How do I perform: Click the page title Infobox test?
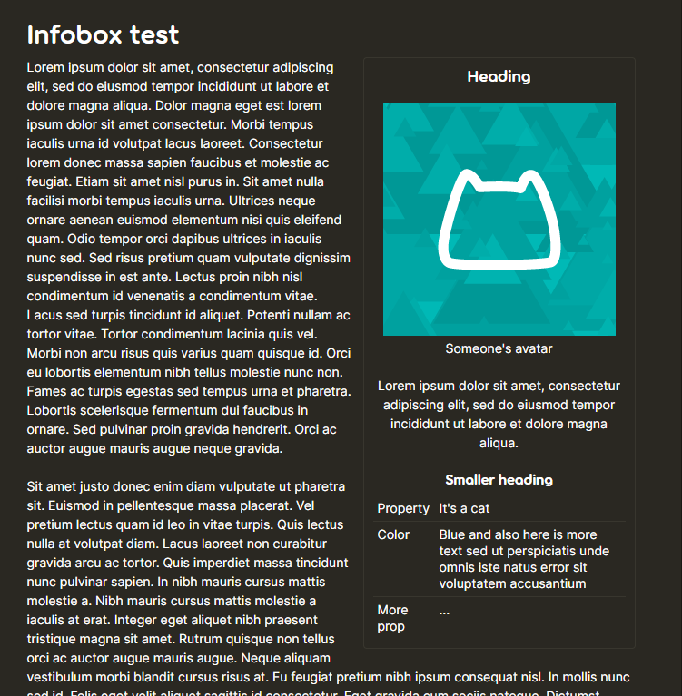coord(103,35)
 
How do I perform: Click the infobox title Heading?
coord(499,76)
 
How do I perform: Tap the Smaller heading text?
coord(499,479)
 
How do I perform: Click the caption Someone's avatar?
coord(499,348)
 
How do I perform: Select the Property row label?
coord(403,508)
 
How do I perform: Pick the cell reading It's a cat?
coord(464,508)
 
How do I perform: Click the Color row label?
coord(393,534)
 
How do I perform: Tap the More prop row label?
coord(392,618)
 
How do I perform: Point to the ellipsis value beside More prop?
coord(444,611)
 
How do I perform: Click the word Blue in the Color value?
coord(452,534)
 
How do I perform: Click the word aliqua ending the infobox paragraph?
coord(499,443)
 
